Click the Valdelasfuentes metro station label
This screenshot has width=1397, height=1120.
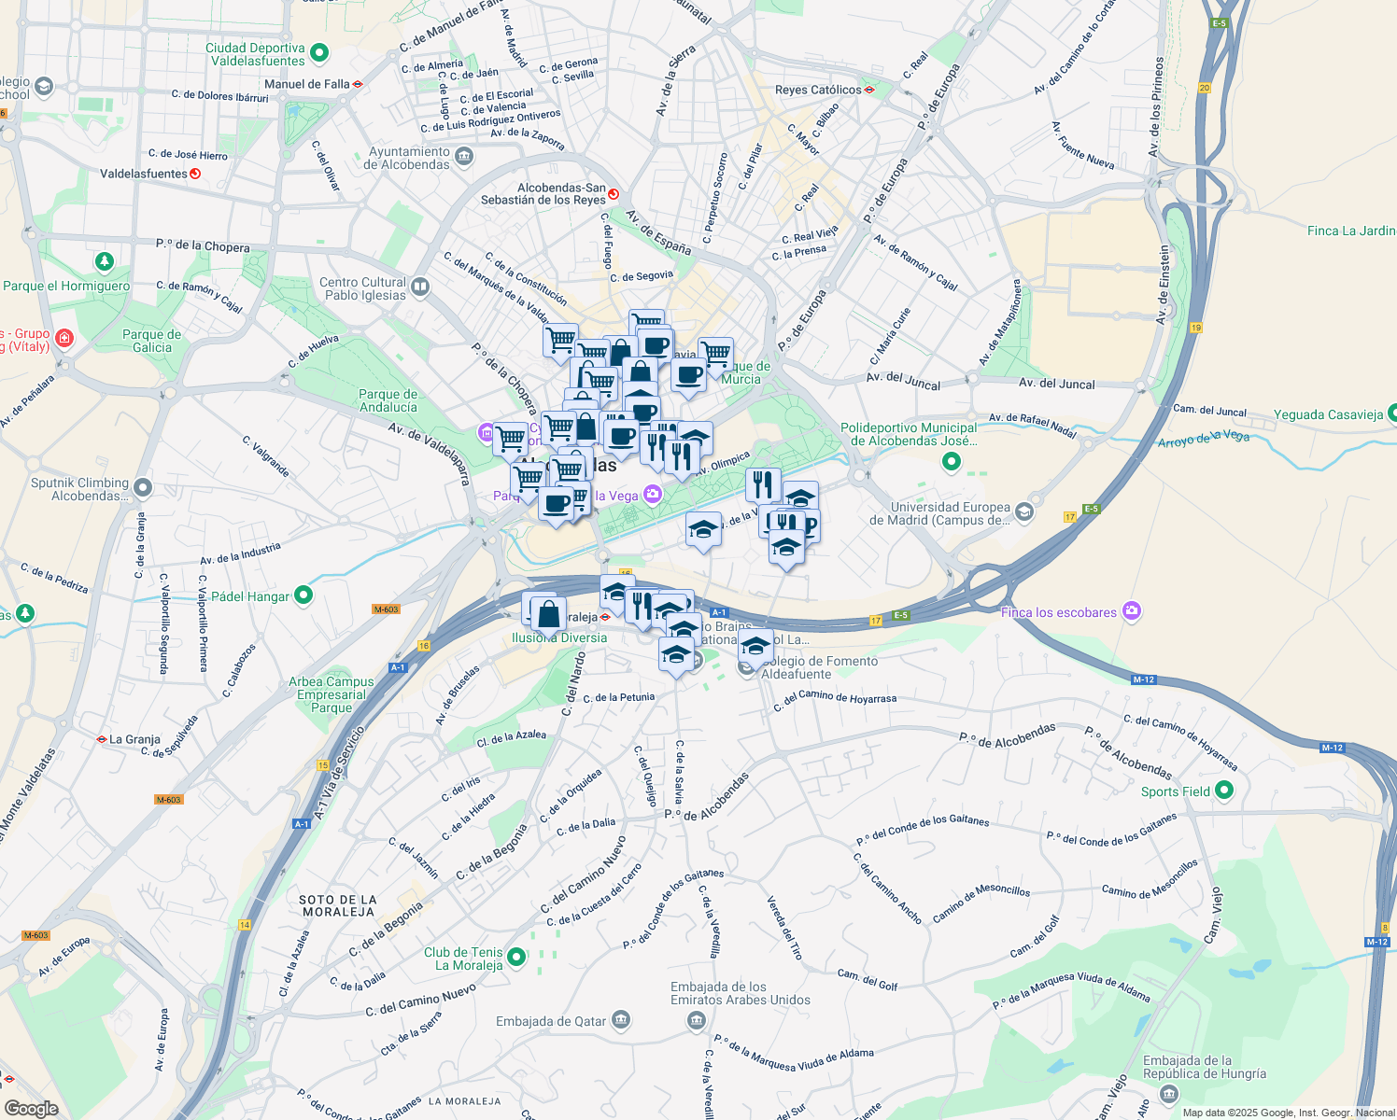144,174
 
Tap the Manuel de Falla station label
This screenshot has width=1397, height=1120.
306,84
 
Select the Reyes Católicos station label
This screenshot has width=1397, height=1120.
818,91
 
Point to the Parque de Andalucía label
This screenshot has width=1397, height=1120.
388,400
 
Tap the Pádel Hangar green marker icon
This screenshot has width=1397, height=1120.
303,595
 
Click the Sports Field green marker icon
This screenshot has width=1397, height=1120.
1224,791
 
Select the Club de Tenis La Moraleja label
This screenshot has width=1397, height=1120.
463,959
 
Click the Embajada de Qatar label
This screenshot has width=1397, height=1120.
551,1021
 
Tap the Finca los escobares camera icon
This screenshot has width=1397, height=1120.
1132,611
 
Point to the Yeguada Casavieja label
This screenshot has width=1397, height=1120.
1328,414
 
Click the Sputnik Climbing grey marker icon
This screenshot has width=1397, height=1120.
143,486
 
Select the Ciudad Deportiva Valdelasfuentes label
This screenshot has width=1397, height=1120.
256,54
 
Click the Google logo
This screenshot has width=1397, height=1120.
32,1108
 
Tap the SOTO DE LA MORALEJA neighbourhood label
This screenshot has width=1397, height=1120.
338,905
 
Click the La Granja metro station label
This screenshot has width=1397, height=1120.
134,739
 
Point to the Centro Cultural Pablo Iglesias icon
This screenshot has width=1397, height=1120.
420,287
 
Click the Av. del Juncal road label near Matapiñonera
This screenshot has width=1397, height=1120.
1056,383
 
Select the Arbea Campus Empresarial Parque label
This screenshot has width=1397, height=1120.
332,694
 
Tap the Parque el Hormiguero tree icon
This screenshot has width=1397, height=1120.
105,260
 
